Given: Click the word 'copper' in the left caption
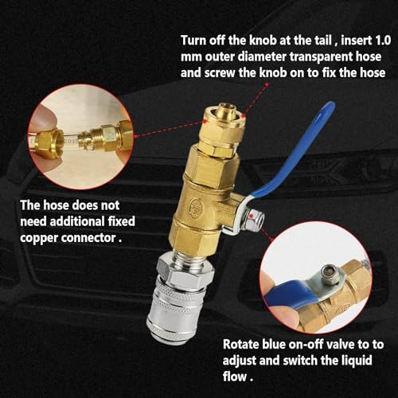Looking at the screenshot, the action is pos(39,238).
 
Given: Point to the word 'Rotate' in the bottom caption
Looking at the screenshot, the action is pos(241,345).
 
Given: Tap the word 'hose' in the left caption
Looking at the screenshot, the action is pos(55,205).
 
